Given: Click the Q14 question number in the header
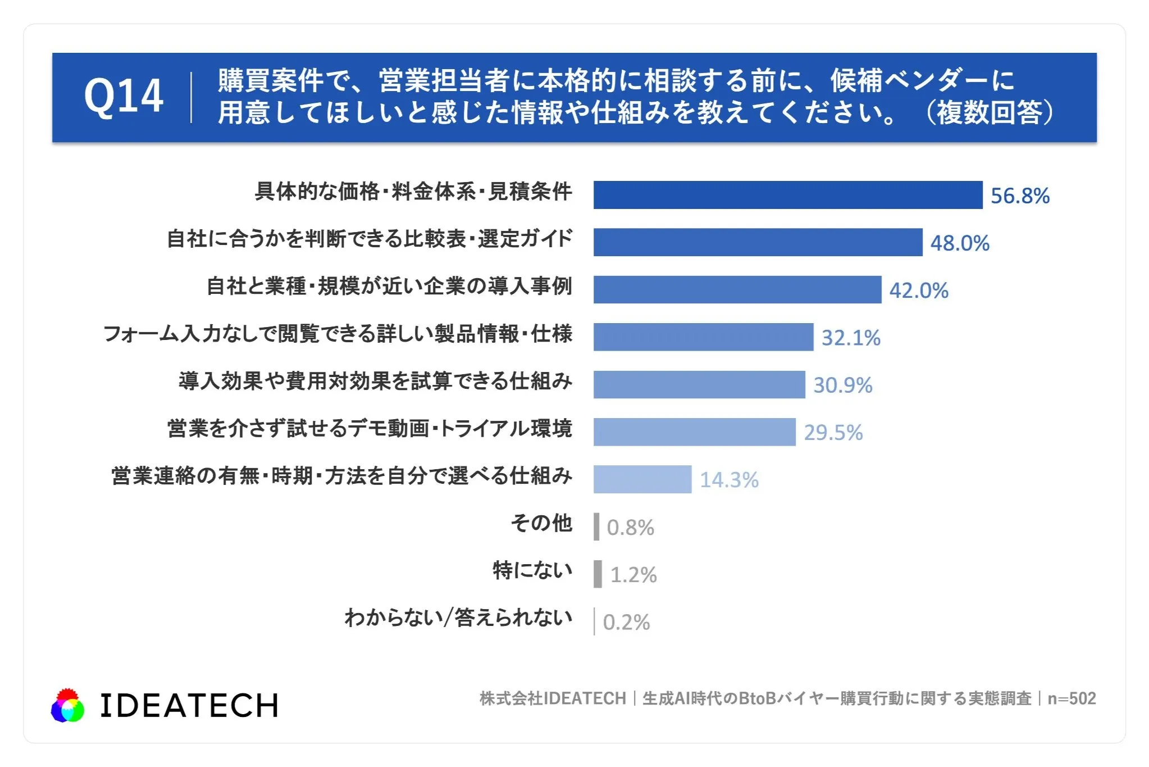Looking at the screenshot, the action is coord(124,97).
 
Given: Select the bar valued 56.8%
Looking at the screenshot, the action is coord(788,195).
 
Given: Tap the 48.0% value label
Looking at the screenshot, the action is coord(960,243).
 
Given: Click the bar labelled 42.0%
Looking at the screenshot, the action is coord(737,289).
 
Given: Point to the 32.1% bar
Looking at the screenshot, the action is coord(703,337).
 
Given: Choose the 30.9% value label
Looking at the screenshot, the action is coord(843,385).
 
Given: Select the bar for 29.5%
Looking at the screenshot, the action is coord(695,432).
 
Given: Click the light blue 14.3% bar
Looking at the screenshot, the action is coord(642,479).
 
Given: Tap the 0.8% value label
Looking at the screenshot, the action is coord(630,528).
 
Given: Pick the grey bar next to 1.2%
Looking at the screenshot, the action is coord(598,574).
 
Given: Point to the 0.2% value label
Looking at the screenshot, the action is coord(626,623).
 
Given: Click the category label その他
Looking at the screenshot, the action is coord(541,523).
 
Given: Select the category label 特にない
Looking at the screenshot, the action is coord(532,570).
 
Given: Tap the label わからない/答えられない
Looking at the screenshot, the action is coord(458,618).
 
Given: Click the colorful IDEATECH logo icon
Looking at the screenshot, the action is coord(67,705).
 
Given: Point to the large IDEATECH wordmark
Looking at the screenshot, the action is coord(189,706).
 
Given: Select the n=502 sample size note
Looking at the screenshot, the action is coord(1072,698).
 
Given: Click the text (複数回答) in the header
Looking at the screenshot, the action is coord(990,112).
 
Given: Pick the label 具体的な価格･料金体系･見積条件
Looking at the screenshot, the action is coord(413,192).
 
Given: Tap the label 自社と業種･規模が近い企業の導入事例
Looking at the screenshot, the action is coord(389,286).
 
